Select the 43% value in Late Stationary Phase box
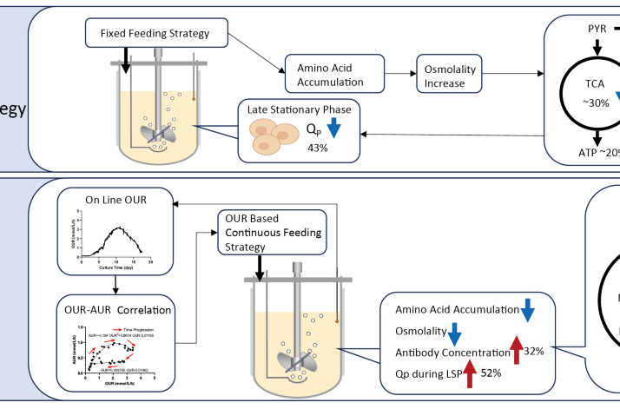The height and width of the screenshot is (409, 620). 318,148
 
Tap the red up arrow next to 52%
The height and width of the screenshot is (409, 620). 470,373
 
